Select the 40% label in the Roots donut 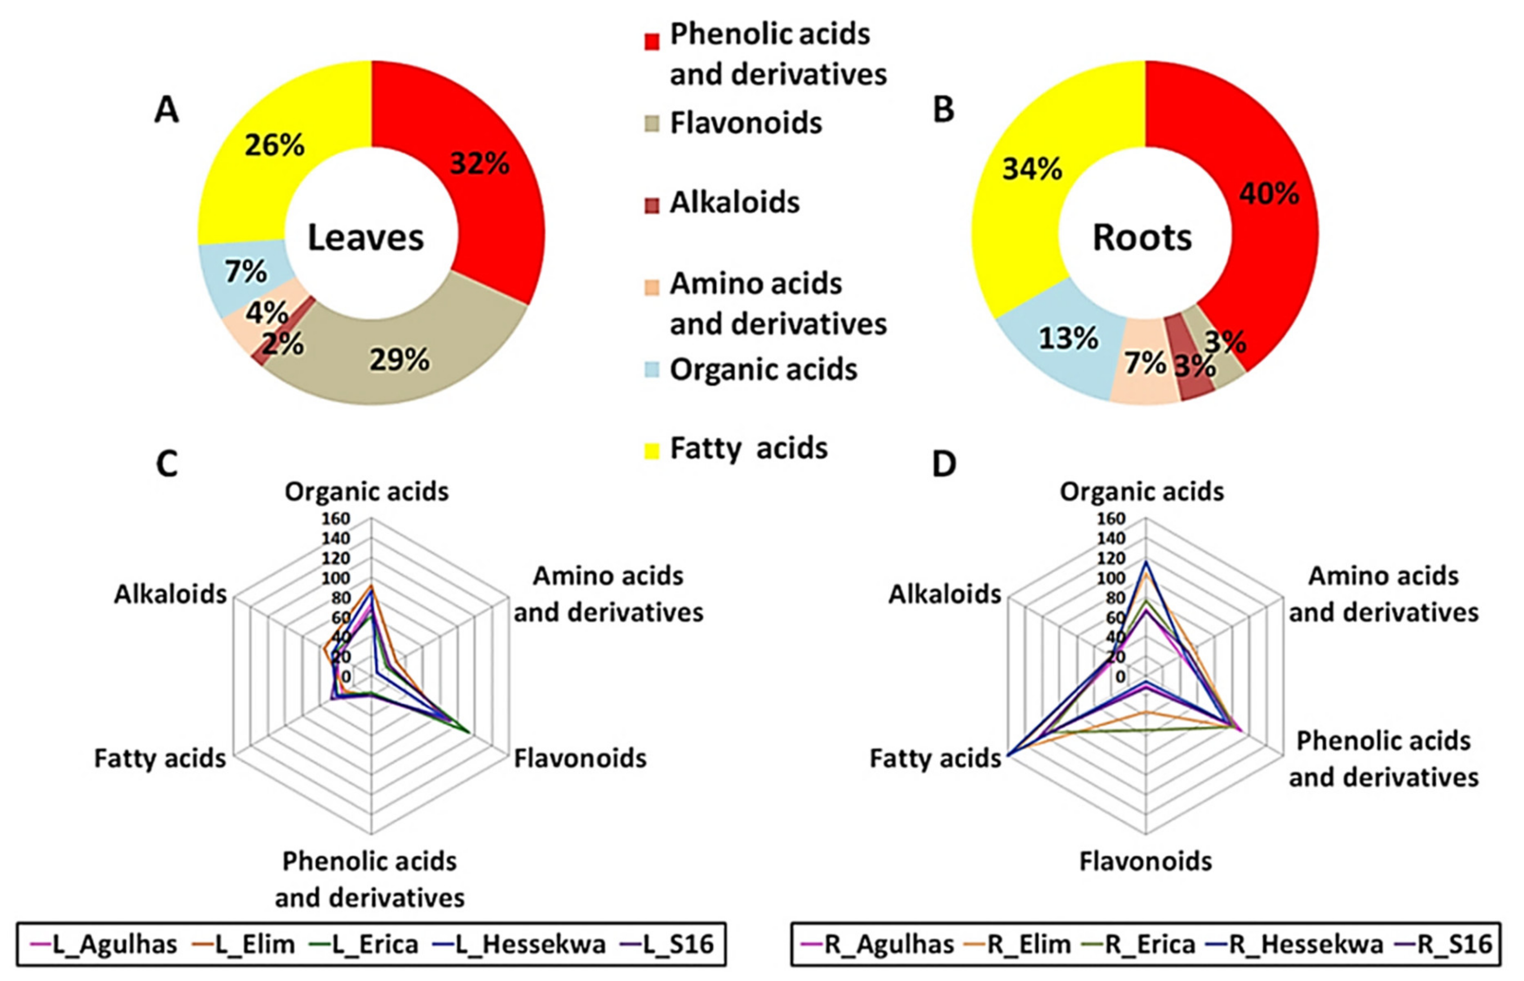coord(1269,194)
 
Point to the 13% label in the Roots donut coord(1068,338)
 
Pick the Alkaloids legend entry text coord(734,202)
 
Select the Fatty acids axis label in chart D coord(935,758)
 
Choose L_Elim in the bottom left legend coord(255,944)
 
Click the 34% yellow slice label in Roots coord(1032,169)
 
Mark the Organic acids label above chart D coord(1141,492)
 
